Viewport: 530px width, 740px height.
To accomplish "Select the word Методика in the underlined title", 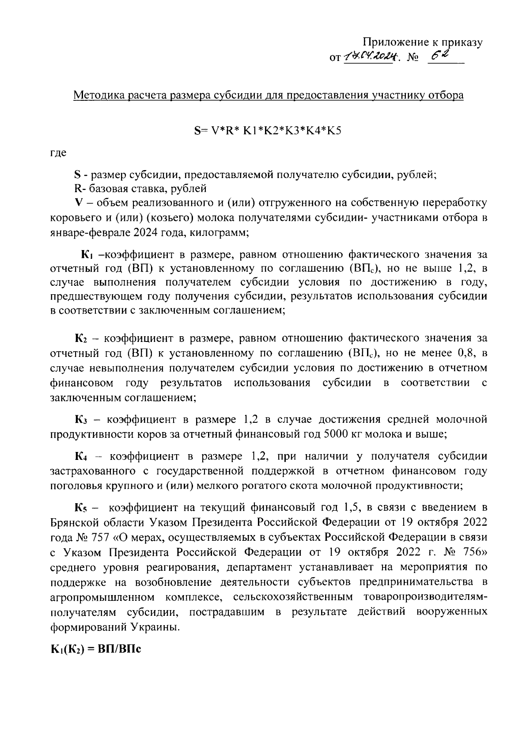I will [98, 95].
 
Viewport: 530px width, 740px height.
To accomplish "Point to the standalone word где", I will [58, 153].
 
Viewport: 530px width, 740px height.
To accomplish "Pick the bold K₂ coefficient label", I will [83, 339].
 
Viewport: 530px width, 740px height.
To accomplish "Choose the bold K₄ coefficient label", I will [83, 456].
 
